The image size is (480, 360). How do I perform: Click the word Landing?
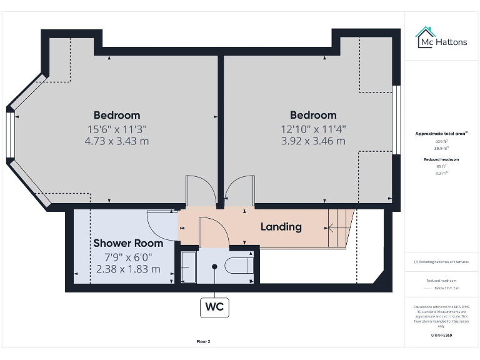[281, 227]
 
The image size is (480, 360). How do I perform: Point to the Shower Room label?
[128, 243]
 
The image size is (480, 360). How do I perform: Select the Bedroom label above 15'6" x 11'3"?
[117, 115]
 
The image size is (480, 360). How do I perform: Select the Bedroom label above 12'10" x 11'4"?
[313, 115]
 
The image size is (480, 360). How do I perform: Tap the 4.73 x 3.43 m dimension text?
[117, 141]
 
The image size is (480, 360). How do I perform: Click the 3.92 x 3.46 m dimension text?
[313, 141]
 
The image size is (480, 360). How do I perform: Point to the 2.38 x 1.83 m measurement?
[128, 269]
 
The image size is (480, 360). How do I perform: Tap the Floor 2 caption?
[203, 342]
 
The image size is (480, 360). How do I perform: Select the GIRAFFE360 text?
[441, 336]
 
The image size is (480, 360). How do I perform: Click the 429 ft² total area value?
[441, 142]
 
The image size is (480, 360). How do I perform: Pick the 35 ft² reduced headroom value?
[441, 167]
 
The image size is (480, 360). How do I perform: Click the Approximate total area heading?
[441, 133]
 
